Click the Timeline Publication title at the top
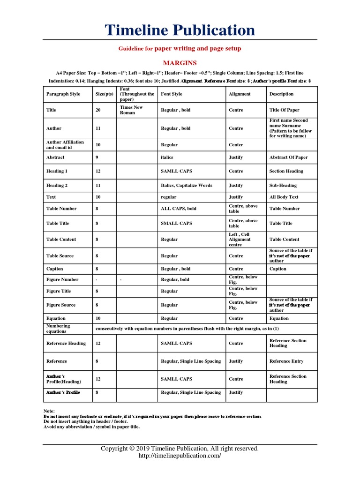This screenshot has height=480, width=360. pyautogui.click(x=180, y=30)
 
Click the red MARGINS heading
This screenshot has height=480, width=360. pyautogui.click(x=180, y=63)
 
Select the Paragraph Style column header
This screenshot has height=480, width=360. pyautogui.click(x=63, y=94)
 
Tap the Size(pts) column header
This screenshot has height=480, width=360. pyautogui.click(x=105, y=94)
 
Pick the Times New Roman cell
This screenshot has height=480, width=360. pyautogui.click(x=131, y=110)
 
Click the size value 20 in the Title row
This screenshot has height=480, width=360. pyautogui.click(x=98, y=110)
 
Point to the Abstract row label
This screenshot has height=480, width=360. pyautogui.click(x=55, y=157)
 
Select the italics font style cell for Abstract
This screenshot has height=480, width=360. pyautogui.click(x=167, y=157)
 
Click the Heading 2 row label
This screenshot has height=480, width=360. pyautogui.click(x=57, y=186)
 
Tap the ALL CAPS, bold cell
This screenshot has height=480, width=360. pyautogui.click(x=179, y=209)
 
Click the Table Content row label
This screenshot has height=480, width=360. pyautogui.click(x=61, y=240)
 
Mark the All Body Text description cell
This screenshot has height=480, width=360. pyautogui.click(x=284, y=197)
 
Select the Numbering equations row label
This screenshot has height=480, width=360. pyautogui.click(x=58, y=329)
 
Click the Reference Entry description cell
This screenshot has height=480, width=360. pyautogui.click(x=286, y=361)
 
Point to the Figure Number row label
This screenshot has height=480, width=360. pyautogui.click(x=62, y=280)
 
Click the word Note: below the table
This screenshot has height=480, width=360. pyautogui.click(x=49, y=411)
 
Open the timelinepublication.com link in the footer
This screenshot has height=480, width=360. pyautogui.click(x=180, y=456)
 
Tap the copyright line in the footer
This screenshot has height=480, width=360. pyautogui.click(x=180, y=449)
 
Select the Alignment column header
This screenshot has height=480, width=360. pyautogui.click(x=240, y=94)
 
